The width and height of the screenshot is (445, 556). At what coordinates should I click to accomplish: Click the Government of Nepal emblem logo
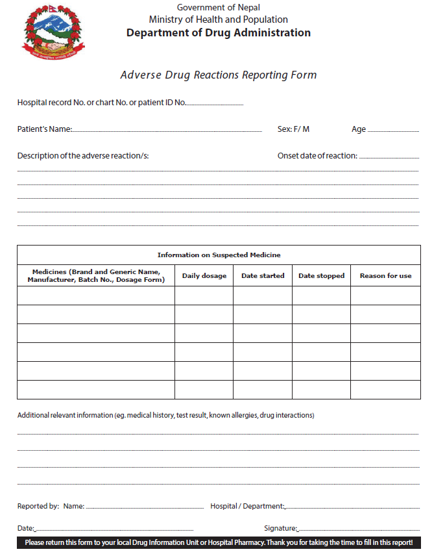(x=54, y=31)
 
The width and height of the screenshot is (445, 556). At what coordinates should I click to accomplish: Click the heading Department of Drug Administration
(x=219, y=33)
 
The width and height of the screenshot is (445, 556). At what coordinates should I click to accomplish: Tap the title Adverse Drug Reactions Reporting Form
(x=219, y=75)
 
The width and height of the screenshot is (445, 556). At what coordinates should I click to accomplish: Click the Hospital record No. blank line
(x=215, y=104)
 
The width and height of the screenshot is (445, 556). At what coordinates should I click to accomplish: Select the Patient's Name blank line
(x=167, y=131)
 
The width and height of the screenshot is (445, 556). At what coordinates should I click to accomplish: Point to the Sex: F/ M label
(x=293, y=129)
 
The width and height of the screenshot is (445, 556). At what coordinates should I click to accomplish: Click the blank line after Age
(x=393, y=131)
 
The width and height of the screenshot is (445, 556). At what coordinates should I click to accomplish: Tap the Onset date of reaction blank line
(x=389, y=157)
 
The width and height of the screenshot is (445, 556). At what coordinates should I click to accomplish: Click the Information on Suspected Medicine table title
(x=219, y=255)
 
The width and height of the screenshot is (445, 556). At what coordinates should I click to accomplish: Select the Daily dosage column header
(x=204, y=276)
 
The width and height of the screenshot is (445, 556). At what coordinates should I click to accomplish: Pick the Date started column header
(x=263, y=276)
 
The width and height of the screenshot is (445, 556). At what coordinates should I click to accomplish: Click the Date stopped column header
(x=321, y=276)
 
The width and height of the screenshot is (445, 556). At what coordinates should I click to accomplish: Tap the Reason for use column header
(x=385, y=276)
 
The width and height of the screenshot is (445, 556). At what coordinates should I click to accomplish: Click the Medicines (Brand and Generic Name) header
(x=96, y=276)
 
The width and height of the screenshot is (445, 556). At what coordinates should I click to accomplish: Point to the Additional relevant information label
(x=165, y=415)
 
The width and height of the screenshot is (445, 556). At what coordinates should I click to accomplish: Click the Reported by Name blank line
(x=145, y=507)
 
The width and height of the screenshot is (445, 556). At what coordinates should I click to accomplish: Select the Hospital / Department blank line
(x=352, y=507)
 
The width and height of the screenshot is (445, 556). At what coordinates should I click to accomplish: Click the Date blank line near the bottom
(x=114, y=530)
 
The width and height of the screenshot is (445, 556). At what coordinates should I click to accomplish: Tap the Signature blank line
(x=358, y=530)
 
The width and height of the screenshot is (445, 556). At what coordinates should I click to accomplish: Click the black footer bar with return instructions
(x=219, y=542)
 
